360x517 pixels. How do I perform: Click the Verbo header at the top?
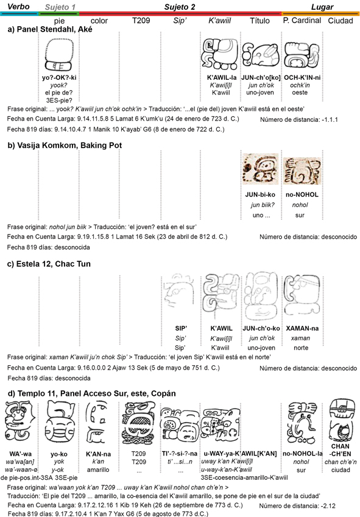18,7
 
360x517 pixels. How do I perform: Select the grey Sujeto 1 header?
60,7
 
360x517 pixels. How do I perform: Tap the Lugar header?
322,7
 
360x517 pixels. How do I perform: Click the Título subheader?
259,21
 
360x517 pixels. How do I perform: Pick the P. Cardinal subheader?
302,21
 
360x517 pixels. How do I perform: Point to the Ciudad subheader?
341,21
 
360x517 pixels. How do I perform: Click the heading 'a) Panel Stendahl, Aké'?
50,29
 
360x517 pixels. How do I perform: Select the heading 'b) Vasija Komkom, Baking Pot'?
65,146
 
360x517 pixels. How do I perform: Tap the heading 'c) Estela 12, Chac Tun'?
49,264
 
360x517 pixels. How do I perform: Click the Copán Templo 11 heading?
91,393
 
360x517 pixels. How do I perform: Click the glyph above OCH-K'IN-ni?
302,55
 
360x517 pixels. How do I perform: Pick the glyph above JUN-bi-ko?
260,169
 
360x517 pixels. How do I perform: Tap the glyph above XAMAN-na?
302,295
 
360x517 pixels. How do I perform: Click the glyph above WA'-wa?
19,423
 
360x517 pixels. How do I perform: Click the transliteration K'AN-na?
98,454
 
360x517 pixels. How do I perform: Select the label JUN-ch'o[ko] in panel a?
261,77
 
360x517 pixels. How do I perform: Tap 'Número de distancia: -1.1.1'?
299,120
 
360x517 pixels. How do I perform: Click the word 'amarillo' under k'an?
98,470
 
